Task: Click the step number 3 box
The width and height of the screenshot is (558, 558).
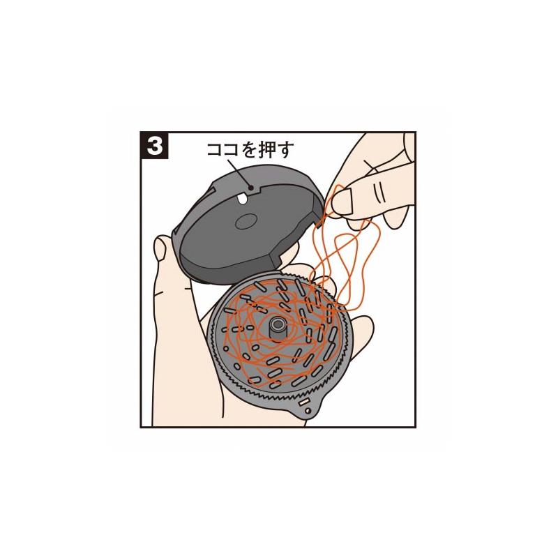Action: pyautogui.click(x=154, y=146)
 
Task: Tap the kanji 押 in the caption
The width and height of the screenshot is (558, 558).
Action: pyautogui.click(x=266, y=150)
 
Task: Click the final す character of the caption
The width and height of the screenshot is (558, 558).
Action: pyautogui.click(x=285, y=150)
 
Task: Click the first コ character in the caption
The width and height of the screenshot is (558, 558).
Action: pyautogui.click(x=215, y=151)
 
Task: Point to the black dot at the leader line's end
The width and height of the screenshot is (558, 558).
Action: pyautogui.click(x=251, y=188)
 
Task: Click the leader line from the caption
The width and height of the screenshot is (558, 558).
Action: pyautogui.click(x=239, y=173)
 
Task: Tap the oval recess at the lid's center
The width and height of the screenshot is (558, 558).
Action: pyautogui.click(x=246, y=221)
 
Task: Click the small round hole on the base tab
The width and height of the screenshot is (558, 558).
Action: pyautogui.click(x=308, y=411)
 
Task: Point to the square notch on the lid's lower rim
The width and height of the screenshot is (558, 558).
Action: pyautogui.click(x=276, y=259)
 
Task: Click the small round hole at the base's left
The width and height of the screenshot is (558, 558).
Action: pyautogui.click(x=225, y=349)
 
